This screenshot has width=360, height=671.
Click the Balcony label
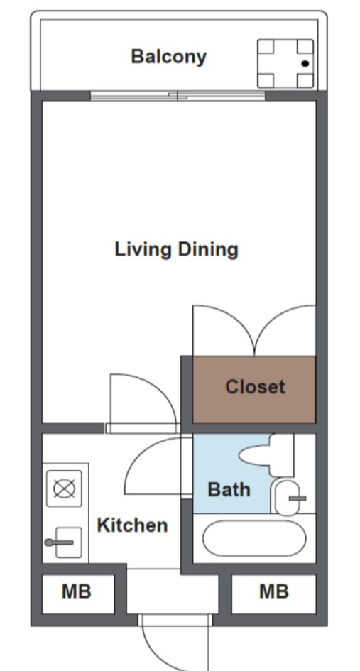click(169, 57)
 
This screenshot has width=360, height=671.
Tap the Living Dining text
click(176, 249)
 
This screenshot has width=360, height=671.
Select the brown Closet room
click(253, 389)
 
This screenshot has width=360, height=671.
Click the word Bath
click(229, 489)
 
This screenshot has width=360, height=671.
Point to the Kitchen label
click(132, 525)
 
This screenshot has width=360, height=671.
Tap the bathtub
click(254, 538)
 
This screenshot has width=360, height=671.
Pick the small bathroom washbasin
click(287, 498)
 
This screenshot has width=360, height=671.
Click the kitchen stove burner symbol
click(64, 489)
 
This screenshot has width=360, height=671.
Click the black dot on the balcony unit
click(305, 64)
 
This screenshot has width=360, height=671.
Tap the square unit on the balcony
click(285, 64)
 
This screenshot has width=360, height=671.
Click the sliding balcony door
click(178, 96)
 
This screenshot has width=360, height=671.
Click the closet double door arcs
click(254, 330)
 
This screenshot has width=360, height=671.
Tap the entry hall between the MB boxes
click(173, 591)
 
